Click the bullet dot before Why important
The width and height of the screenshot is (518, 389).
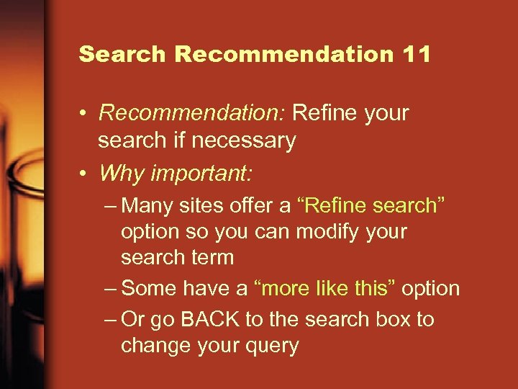(84, 174)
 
